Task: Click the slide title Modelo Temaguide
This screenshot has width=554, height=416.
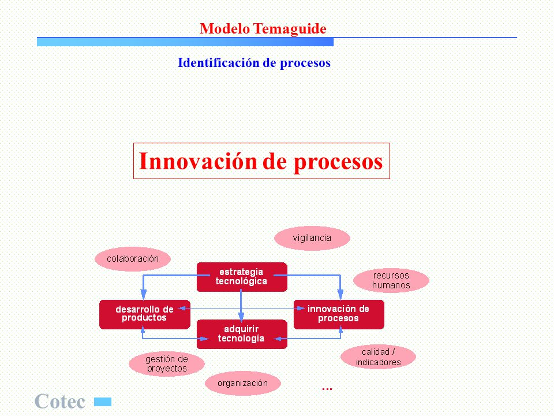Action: [x=263, y=29]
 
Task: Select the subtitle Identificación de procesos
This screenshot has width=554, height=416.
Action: [x=254, y=63]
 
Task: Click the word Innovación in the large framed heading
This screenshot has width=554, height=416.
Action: [x=198, y=161]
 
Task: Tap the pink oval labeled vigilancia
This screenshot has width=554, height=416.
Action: [x=312, y=238]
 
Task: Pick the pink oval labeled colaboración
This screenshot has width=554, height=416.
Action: [x=133, y=259]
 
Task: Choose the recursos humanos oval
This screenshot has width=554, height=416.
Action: [x=391, y=280]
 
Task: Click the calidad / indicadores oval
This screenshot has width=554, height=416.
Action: [x=378, y=357]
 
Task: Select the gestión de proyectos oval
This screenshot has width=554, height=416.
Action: [x=167, y=364]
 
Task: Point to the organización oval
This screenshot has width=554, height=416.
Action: [x=243, y=383]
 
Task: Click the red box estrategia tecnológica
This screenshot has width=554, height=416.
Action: [x=242, y=277]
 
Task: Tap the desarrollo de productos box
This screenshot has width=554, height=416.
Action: [x=145, y=314]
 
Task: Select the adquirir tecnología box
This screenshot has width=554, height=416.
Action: [x=242, y=335]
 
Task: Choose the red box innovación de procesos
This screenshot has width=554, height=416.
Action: [x=339, y=314]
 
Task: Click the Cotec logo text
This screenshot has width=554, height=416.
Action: [x=59, y=401]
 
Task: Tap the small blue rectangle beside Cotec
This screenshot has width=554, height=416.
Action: [x=103, y=402]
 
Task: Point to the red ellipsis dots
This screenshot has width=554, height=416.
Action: [x=327, y=389]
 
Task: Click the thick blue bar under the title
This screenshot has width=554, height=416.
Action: [x=185, y=42]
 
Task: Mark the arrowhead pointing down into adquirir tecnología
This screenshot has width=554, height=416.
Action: [x=241, y=317]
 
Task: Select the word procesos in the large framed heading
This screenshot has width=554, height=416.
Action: [x=338, y=162]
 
